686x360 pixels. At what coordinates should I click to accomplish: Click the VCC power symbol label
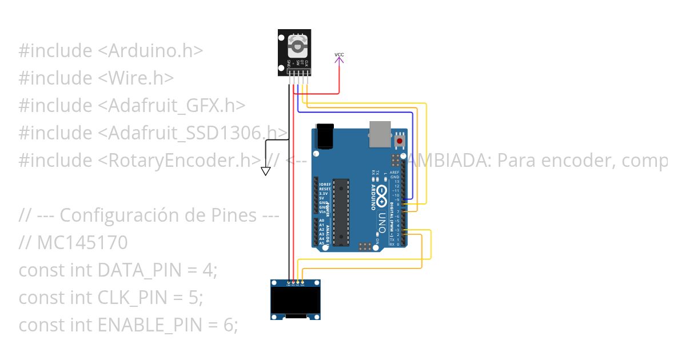pos(339,55)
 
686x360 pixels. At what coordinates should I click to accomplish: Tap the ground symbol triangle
pos(265,171)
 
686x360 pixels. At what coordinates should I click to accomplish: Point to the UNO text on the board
pos(382,223)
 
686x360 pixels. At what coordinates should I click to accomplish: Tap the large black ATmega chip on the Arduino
pos(341,210)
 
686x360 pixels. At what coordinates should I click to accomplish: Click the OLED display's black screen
pos(295,301)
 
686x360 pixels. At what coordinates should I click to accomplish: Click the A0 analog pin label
pos(322,221)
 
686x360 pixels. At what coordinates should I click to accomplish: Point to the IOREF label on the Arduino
pos(325,185)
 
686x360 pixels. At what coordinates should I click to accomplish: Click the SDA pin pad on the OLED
pos(302,283)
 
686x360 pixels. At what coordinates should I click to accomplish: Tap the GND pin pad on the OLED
pos(289,283)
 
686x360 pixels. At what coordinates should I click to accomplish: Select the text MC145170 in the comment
pos(82,243)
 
